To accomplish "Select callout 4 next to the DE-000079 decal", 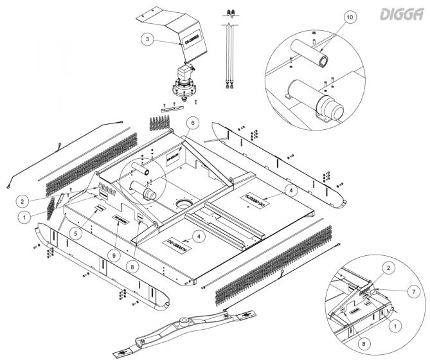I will coord(200,237).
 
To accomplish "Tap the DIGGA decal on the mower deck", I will coord(107,191).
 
